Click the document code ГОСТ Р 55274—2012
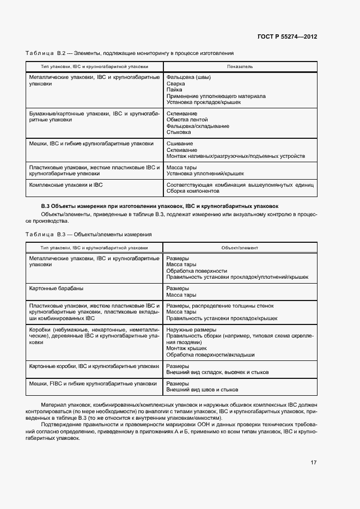coord(287,36)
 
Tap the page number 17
coord(314,463)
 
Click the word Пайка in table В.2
coord(174,90)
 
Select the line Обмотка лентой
coord(187,120)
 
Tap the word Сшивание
coord(179,144)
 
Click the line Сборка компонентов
coord(192,191)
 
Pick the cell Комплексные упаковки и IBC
coord(66,185)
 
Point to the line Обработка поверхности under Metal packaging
coord(197,271)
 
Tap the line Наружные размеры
coord(191,330)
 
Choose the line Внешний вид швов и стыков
coord(202,390)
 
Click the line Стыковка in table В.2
coord(178,132)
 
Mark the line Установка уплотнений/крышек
coord(205,174)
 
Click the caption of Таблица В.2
coord(130,53)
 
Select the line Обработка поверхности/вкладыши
coord(210,354)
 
